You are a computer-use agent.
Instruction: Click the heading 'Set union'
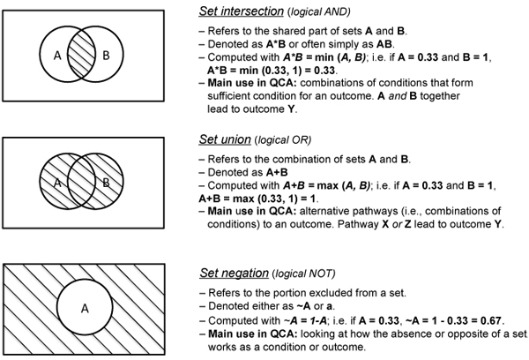click(x=230, y=139)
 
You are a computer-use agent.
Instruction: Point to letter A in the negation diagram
click(x=85, y=309)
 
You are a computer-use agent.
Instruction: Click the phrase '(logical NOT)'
click(x=301, y=266)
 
